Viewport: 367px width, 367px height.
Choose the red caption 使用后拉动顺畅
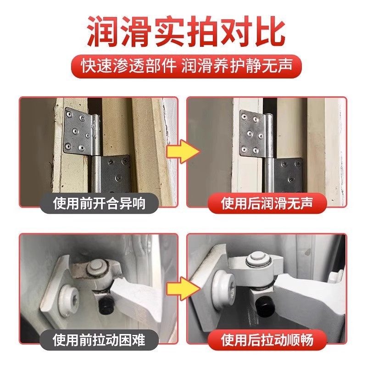[267, 339]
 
